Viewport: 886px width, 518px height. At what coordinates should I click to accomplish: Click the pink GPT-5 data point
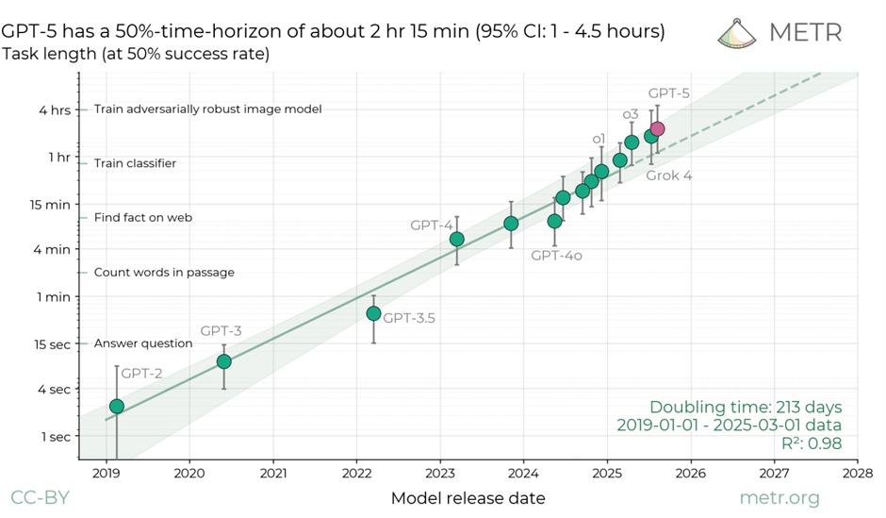coord(657,128)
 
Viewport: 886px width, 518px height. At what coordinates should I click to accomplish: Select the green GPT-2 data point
coord(117,406)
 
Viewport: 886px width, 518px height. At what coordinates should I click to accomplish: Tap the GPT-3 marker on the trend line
coord(224,361)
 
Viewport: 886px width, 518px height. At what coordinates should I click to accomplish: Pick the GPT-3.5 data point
coord(373,313)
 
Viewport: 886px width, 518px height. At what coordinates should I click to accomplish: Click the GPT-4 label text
coord(431,226)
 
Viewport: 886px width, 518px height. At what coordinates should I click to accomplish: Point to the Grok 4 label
coord(668,175)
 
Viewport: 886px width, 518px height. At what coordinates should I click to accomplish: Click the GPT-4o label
coord(555,255)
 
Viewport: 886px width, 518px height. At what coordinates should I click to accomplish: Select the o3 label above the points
coord(631,115)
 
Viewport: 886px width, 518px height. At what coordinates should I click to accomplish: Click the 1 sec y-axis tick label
coord(55,436)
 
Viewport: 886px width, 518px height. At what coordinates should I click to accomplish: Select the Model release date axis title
coord(468,497)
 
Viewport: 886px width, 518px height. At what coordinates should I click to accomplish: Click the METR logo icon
coord(738,32)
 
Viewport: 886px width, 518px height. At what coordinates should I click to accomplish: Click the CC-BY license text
coord(41,497)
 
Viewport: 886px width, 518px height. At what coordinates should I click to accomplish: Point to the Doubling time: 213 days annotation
coord(746,407)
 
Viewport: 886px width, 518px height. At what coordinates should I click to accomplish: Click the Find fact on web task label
coord(143,218)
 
